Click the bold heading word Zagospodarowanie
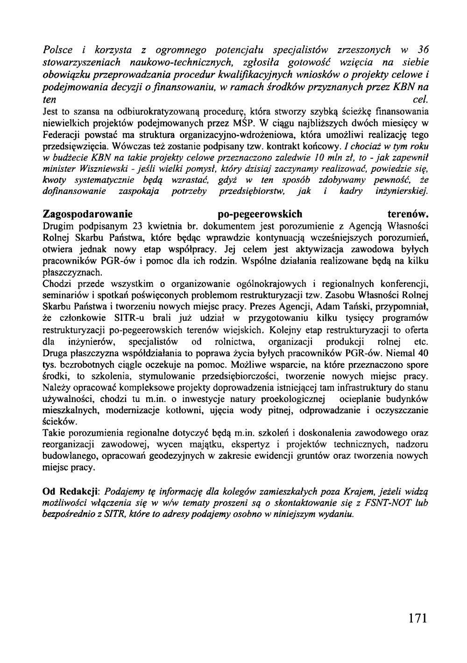pyautogui.click(x=88, y=214)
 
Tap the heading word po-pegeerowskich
pyautogui.click(x=261, y=214)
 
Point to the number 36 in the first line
pyautogui.click(x=423, y=50)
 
